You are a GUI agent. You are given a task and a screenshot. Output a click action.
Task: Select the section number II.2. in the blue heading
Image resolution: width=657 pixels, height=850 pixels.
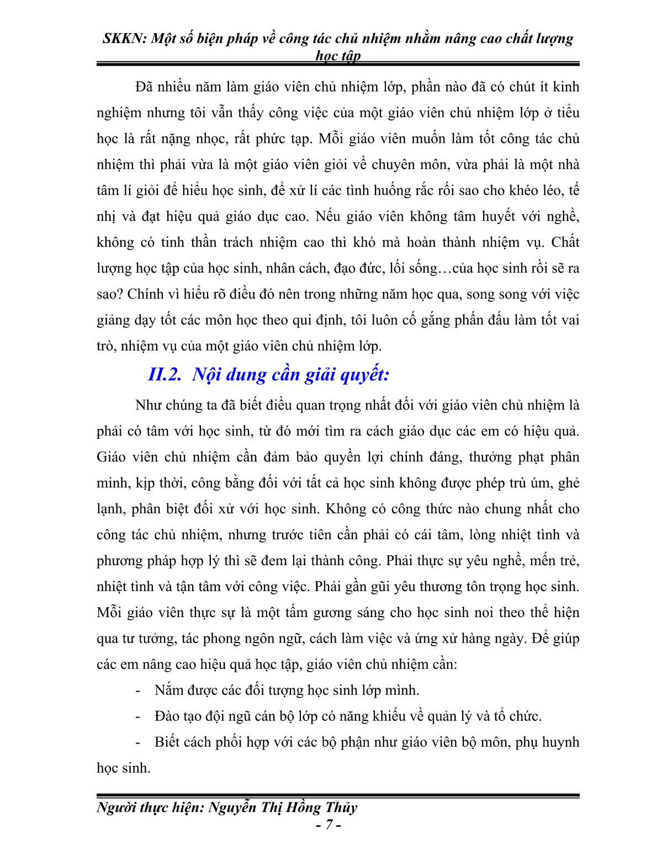click(165, 375)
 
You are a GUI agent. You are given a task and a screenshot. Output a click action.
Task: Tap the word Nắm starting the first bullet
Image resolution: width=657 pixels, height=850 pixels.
click(167, 690)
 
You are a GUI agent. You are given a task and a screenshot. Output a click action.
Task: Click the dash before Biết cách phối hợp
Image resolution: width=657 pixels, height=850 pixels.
click(138, 742)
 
